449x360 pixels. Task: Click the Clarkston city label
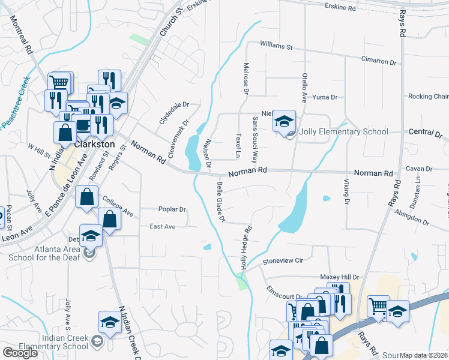coord(94,145)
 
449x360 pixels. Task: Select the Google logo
coord(20,352)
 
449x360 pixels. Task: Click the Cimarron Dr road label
coord(378,61)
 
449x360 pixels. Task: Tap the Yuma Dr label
coord(326,97)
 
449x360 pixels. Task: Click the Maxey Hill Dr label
coord(339,277)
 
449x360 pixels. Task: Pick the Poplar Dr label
coord(172,209)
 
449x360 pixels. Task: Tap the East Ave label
coord(162,227)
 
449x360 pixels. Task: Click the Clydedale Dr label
coord(173,112)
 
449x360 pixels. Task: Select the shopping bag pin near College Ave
coord(87,196)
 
